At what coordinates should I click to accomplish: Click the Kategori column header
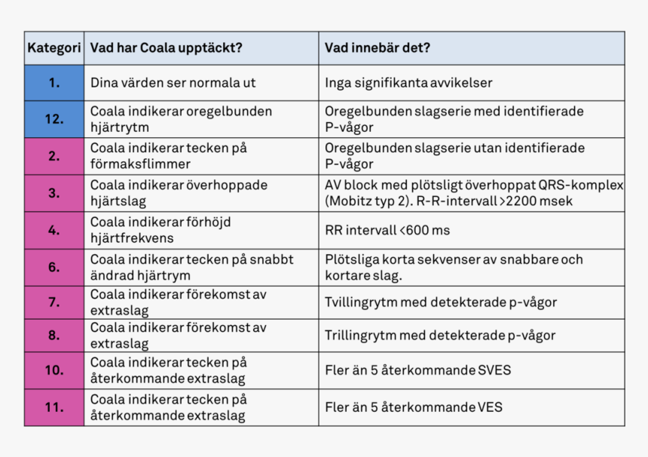(x=54, y=48)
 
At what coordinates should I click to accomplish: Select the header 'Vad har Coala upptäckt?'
(x=166, y=48)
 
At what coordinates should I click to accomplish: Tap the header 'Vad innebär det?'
(x=377, y=48)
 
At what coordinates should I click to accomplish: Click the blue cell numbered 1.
(x=54, y=83)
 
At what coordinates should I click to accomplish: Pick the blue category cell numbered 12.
(x=54, y=119)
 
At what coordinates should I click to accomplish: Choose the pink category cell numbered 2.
(x=54, y=156)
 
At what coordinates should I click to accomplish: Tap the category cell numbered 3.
(x=54, y=193)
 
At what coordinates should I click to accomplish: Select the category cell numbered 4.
(x=54, y=230)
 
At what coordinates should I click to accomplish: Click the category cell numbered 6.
(x=54, y=267)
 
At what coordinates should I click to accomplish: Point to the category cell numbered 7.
(x=54, y=302)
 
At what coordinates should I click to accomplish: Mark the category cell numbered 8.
(x=54, y=336)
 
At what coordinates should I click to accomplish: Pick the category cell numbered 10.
(x=54, y=370)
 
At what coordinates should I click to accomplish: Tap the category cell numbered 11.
(x=54, y=407)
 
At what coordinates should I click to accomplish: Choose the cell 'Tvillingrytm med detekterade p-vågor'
(x=441, y=302)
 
